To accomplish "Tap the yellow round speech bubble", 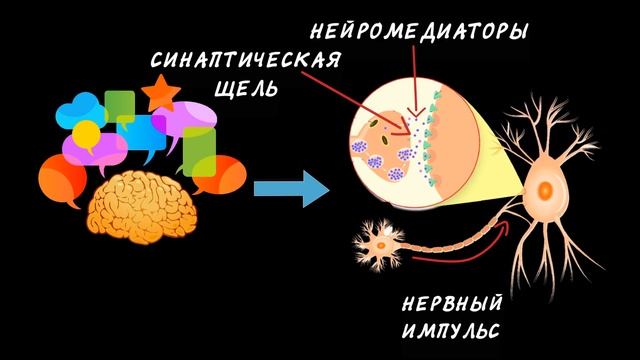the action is (88, 132).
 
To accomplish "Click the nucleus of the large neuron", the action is (546, 186).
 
